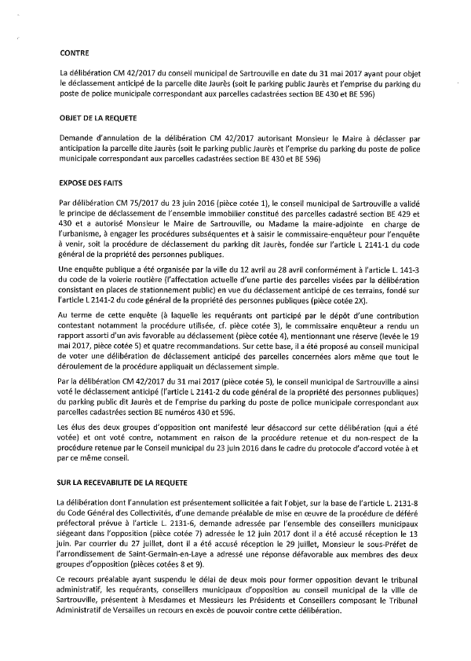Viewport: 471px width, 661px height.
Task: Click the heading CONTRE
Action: (x=76, y=53)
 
